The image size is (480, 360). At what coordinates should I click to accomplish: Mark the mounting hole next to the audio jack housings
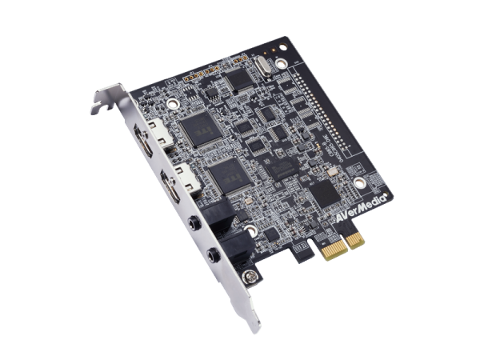254,232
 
